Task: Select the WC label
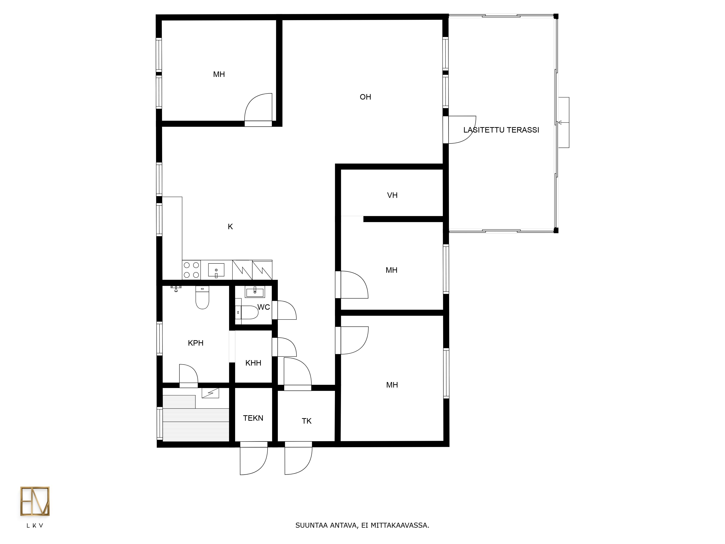point(264,307)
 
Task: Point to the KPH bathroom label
point(196,343)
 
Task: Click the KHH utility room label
point(253,363)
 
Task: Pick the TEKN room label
point(253,418)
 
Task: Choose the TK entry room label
point(306,421)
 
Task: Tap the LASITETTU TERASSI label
point(501,130)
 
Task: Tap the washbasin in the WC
point(255,292)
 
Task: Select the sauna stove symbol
point(210,393)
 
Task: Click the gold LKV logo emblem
point(35,501)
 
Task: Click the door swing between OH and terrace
point(462,130)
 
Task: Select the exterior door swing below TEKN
point(254,461)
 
